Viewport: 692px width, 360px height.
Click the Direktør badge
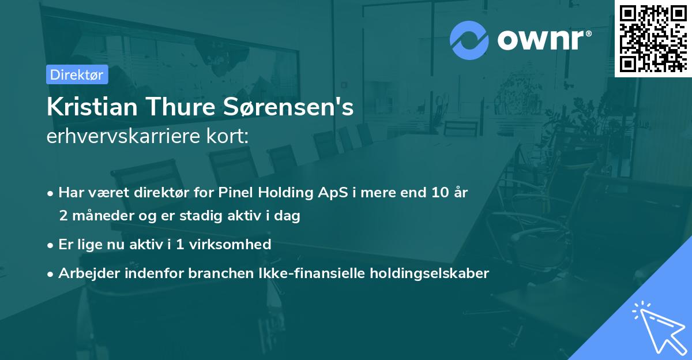pos(77,74)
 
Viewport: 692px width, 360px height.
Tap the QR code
pos(653,38)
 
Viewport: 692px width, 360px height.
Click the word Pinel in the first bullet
pos(235,193)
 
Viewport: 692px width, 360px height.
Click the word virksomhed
pos(236,245)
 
